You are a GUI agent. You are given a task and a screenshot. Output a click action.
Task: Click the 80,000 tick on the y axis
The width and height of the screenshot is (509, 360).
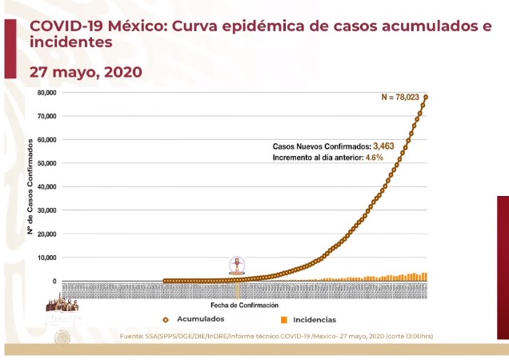tap(46, 93)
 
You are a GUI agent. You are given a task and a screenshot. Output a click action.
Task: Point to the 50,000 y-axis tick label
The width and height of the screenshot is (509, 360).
tap(46, 163)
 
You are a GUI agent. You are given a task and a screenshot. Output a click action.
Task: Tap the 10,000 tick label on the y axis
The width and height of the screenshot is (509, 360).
tap(46, 258)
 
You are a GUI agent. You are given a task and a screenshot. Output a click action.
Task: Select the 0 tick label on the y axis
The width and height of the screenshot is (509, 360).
tap(54, 282)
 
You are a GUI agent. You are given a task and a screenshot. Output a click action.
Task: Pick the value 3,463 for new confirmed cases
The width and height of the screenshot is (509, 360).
tap(387, 146)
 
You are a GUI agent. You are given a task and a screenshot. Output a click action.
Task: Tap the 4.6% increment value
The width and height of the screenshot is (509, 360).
tap(375, 158)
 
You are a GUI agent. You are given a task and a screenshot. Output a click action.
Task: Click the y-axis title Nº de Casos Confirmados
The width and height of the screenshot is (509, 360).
tap(30, 186)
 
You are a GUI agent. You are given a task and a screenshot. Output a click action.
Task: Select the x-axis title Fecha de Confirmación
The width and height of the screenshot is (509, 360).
tap(244, 306)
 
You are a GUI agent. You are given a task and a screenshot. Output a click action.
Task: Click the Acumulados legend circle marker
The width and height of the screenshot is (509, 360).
tap(166, 319)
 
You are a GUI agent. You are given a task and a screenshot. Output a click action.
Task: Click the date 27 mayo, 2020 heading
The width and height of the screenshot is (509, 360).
tap(86, 72)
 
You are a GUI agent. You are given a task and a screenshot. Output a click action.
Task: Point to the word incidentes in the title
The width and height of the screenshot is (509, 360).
tap(70, 42)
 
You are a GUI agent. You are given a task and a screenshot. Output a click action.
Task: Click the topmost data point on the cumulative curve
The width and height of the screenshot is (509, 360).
tap(426, 97)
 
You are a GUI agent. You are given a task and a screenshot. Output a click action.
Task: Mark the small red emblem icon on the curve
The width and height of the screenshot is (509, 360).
tap(237, 265)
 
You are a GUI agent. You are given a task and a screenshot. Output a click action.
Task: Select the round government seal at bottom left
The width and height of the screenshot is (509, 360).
tap(62, 338)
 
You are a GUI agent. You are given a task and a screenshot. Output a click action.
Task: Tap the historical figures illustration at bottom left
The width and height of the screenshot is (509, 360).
tap(62, 305)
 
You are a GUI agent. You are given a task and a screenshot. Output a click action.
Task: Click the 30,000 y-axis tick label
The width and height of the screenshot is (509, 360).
tap(46, 210)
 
